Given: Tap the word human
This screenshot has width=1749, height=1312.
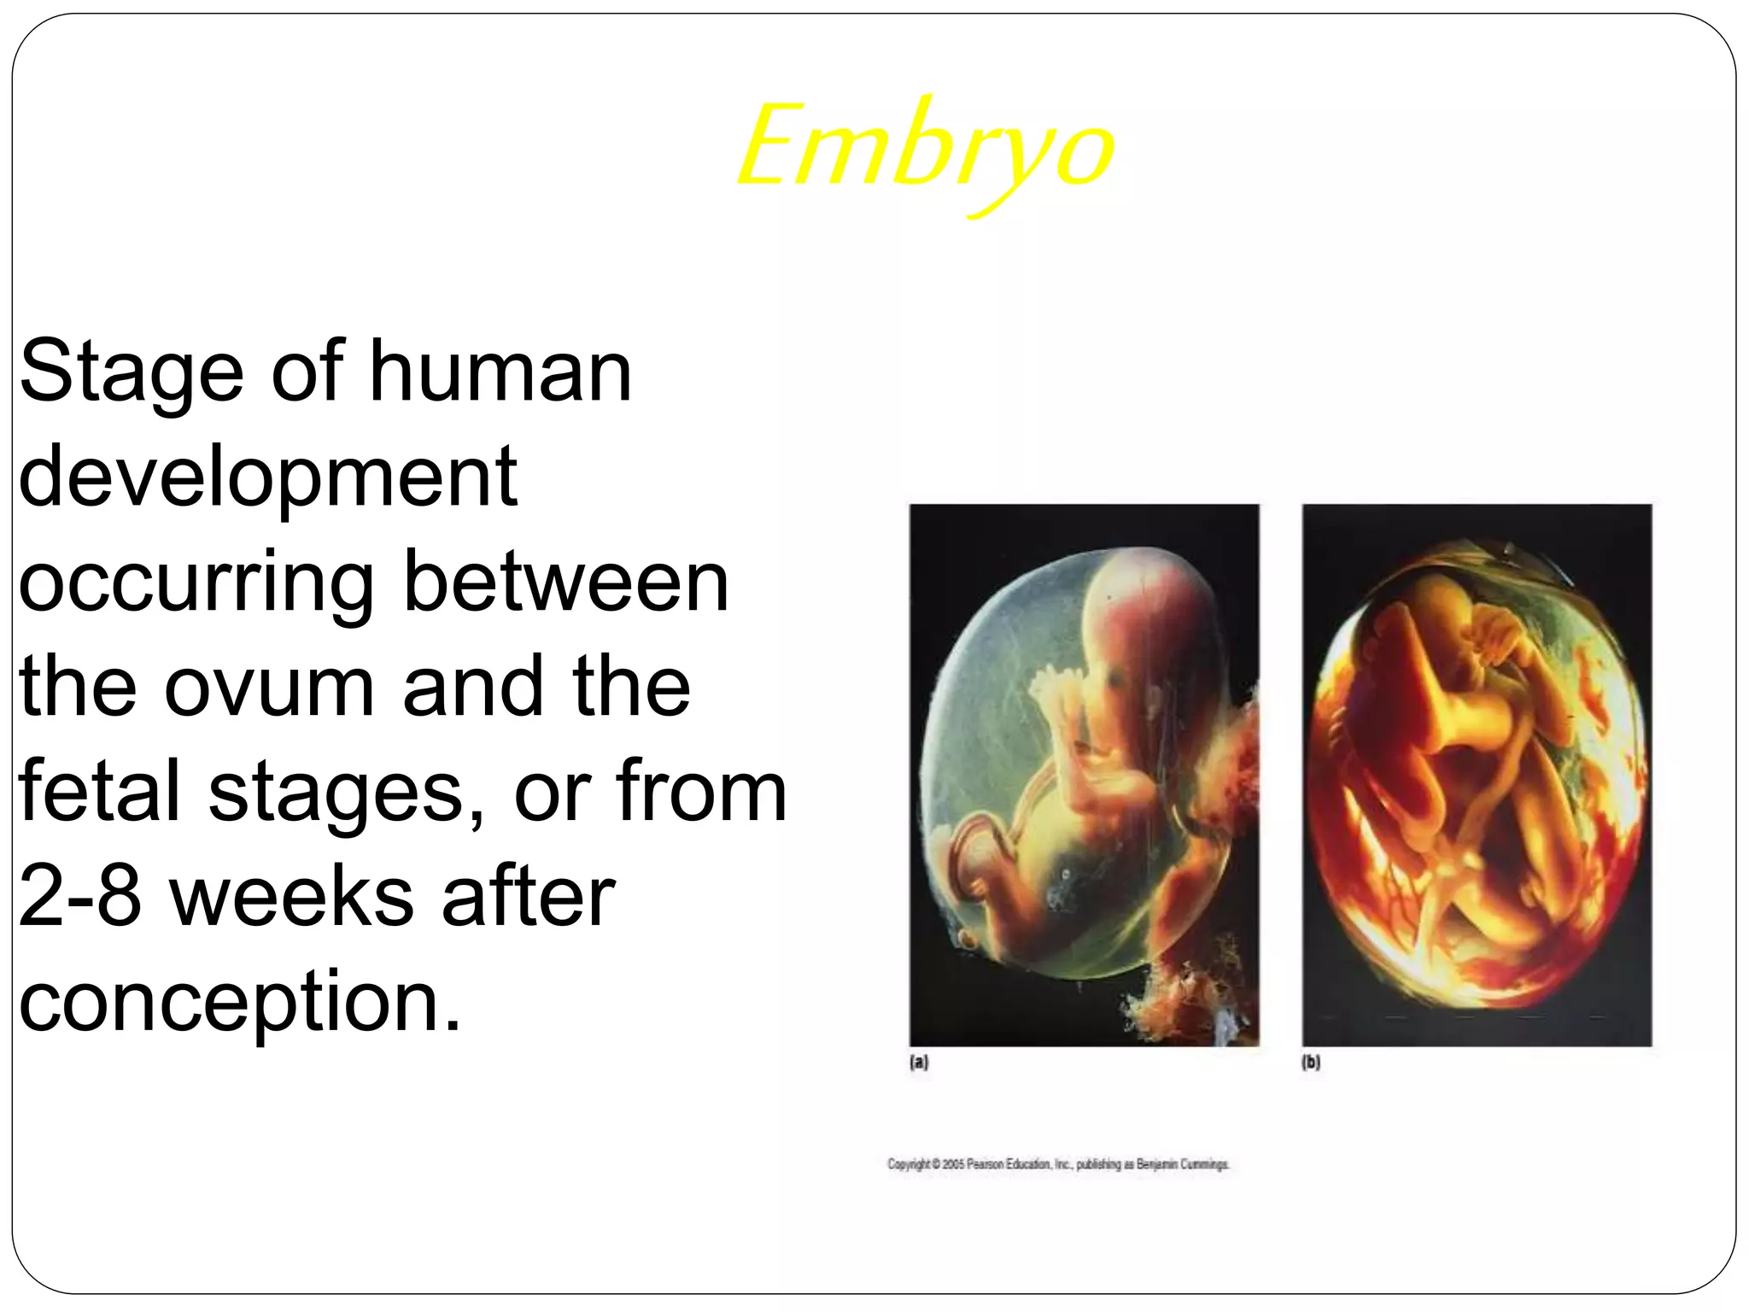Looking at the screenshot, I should coord(500,372).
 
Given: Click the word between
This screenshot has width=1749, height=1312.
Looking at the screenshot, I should coord(565,583).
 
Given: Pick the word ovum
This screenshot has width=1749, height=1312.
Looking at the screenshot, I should coord(269,687).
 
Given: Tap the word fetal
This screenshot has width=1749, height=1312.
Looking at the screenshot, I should coord(98,792).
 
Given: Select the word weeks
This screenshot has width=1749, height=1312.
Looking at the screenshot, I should coord(291,897).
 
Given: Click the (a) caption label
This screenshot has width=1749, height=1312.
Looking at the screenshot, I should coord(919,1063).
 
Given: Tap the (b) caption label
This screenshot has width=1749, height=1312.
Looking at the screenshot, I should coord(1311,1063).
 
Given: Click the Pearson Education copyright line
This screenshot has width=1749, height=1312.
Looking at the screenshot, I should coord(1058,1164).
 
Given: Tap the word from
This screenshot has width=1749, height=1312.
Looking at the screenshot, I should coord(700,792).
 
